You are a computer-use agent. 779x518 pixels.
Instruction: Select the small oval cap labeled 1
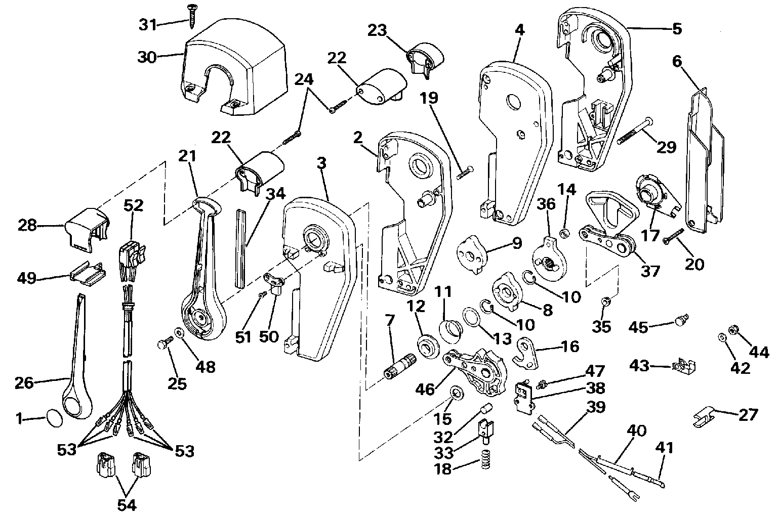click(54, 418)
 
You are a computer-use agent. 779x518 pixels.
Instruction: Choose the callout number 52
click(134, 205)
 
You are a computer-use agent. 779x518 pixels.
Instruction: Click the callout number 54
click(127, 505)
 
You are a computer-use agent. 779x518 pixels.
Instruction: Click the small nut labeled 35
click(604, 303)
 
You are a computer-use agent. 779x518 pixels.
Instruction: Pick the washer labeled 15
click(456, 392)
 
